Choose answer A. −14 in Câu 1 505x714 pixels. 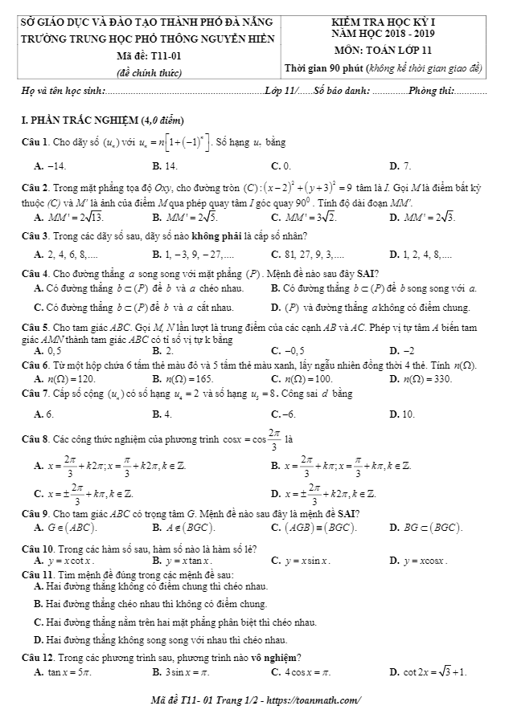(x=50, y=165)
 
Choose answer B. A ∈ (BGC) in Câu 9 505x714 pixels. (x=180, y=528)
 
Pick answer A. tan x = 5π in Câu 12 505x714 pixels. (x=64, y=671)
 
